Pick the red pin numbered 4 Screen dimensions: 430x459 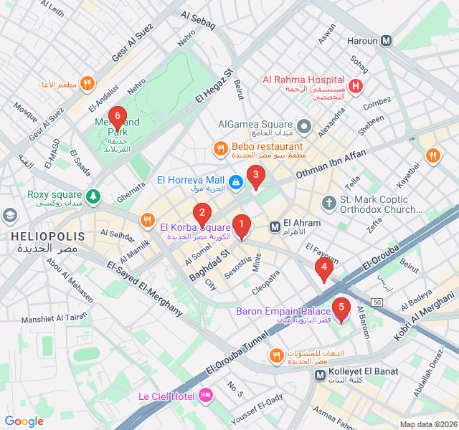pos(323,269)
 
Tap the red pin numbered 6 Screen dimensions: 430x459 pos(117,117)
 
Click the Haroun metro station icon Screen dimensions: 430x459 pos(387,41)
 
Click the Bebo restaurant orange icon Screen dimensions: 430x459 pos(221,148)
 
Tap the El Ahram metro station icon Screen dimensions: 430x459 pos(275,226)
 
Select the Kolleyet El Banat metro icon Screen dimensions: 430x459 pos(321,375)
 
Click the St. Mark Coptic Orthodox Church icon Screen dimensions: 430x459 pos(329,204)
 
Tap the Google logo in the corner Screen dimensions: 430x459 pos(24,421)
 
